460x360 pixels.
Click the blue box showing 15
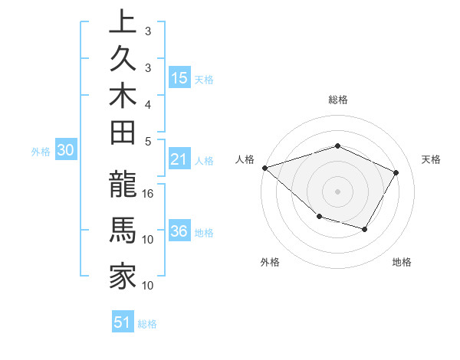tap(179, 77)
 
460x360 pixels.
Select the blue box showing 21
tap(179, 159)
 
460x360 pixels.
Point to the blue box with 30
tap(66, 151)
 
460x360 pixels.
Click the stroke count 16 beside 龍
tap(149, 193)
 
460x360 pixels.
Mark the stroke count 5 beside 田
tap(149, 142)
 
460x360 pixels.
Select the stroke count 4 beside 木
tap(149, 104)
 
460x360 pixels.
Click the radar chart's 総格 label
tap(337, 100)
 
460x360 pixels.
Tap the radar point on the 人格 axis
tap(264, 167)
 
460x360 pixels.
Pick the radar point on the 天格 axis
tap(396, 172)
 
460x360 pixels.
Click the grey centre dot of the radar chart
tap(337, 191)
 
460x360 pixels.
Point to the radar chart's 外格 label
tap(270, 262)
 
